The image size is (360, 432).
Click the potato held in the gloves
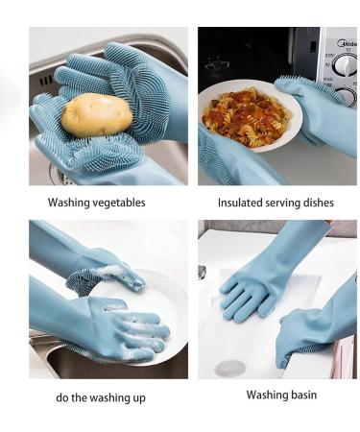96,114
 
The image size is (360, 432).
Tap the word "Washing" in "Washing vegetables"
68,204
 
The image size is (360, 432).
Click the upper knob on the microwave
344,65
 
